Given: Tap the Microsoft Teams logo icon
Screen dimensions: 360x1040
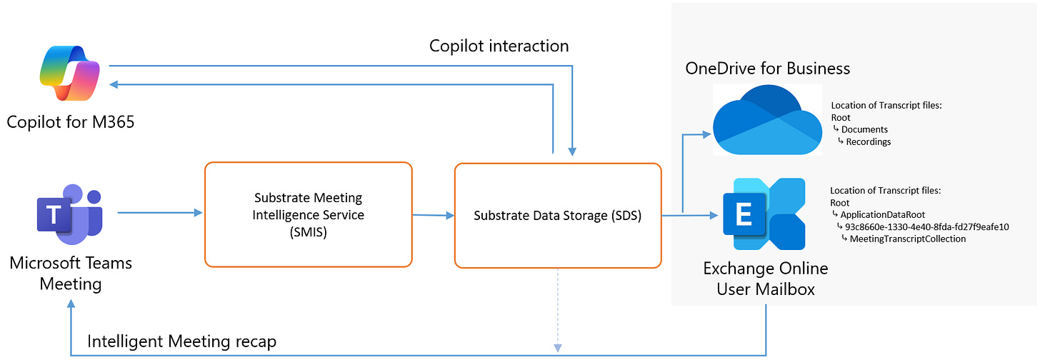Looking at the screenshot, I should pos(70,213).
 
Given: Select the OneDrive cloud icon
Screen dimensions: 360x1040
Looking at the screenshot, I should pos(767,119).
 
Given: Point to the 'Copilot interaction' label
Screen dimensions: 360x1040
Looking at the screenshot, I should pos(499,46).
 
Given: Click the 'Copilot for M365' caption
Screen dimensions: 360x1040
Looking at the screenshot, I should pos(71,122).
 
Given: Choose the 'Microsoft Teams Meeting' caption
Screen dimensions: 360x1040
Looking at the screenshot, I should pos(71,273).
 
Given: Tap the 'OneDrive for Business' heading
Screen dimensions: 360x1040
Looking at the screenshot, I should pos(768,69).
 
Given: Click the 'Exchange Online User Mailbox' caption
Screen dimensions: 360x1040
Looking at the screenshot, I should pos(766,279).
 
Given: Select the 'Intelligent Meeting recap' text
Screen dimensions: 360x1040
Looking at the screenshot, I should pos(181,342).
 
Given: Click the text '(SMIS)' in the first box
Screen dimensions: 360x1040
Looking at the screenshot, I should pos(309,231).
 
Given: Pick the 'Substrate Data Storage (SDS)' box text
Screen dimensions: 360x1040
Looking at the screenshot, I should pos(557,215).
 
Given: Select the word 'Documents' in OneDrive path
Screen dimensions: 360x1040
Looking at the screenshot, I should pos(864,129).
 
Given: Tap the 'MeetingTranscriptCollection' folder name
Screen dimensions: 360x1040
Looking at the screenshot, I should pos(907,239).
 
